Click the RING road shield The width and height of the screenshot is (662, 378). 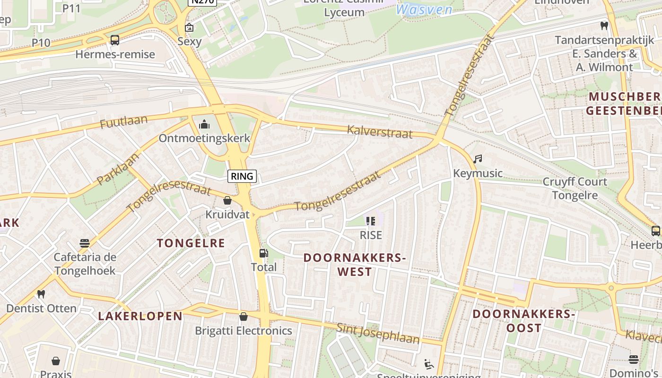242,176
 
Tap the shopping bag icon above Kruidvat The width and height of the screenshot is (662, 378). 227,200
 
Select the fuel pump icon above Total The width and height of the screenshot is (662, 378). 263,253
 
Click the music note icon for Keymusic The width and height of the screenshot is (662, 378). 478,159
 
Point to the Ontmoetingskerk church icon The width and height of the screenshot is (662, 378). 204,124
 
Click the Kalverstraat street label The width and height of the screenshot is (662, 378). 380,132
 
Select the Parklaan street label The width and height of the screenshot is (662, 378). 118,168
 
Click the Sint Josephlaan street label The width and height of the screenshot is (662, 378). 378,334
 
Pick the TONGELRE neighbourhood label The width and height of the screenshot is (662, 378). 191,243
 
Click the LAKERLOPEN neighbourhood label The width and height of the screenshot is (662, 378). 140,316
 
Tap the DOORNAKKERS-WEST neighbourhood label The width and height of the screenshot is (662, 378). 355,265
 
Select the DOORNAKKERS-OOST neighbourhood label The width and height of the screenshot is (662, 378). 523,321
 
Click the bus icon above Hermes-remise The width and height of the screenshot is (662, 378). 115,40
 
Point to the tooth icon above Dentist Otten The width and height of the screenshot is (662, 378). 41,294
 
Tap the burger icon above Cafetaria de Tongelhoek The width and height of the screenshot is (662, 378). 85,243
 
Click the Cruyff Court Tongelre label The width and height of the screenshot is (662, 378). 575,189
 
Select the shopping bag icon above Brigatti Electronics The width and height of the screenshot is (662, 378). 244,317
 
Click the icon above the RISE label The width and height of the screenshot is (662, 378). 370,221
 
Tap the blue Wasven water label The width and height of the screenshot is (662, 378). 424,9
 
